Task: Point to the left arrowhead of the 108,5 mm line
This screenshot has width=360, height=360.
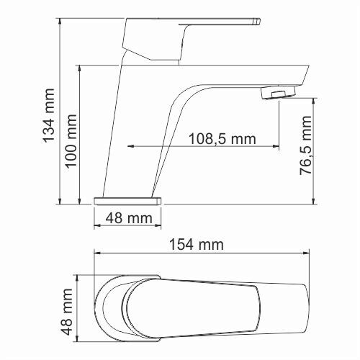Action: [132, 147]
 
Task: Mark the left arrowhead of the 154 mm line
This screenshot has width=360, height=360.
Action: [98, 253]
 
